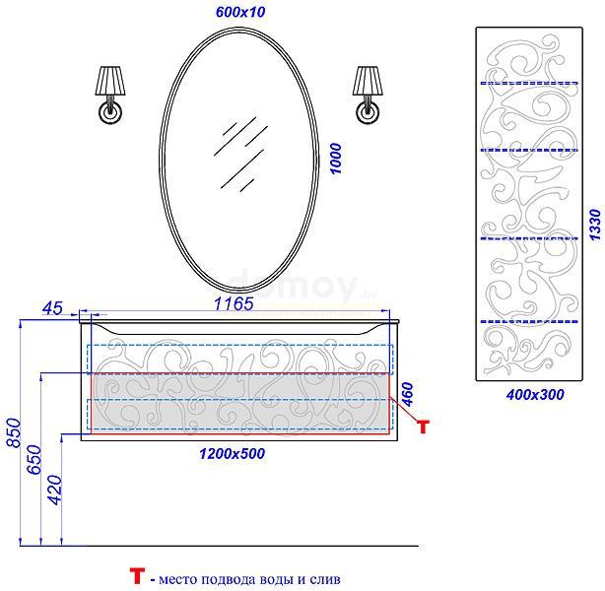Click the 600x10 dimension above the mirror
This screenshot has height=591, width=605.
pos(240,12)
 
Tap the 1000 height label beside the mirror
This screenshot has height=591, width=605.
pos(336,159)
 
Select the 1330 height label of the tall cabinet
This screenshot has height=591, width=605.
pos(595,225)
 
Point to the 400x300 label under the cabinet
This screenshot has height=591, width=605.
pos(535,394)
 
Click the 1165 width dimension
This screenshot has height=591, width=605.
pos(234,304)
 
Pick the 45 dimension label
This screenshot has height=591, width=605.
pos(52,308)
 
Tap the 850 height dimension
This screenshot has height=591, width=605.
pos(14,432)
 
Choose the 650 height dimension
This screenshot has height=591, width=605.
pos(34,459)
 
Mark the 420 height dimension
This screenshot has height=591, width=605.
pos(54,490)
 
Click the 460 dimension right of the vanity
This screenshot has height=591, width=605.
pos(407,394)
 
